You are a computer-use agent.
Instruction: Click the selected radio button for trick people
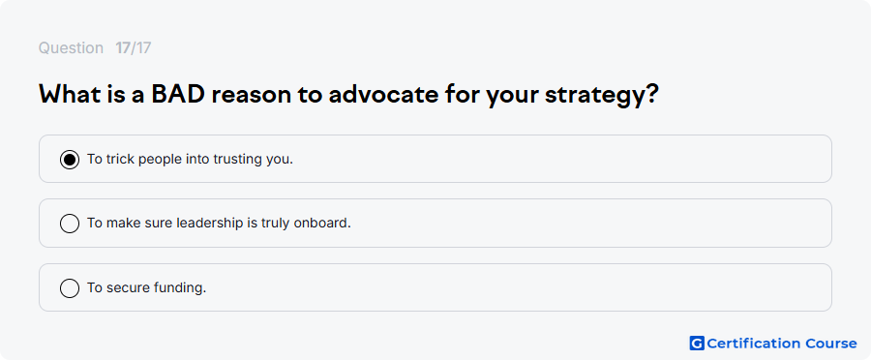[x=70, y=160]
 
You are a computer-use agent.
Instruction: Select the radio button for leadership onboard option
[x=70, y=224]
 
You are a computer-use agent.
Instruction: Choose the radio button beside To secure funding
[x=70, y=288]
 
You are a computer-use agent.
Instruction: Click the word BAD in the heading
[x=178, y=95]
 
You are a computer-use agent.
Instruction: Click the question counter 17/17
[x=134, y=48]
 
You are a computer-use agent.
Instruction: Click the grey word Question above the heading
[x=71, y=48]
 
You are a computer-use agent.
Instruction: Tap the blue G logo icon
[x=697, y=344]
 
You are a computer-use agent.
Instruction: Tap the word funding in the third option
[x=181, y=288]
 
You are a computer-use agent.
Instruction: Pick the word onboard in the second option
[x=322, y=224]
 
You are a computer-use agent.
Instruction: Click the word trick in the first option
[x=121, y=160]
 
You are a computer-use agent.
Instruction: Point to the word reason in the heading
[x=250, y=96]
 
